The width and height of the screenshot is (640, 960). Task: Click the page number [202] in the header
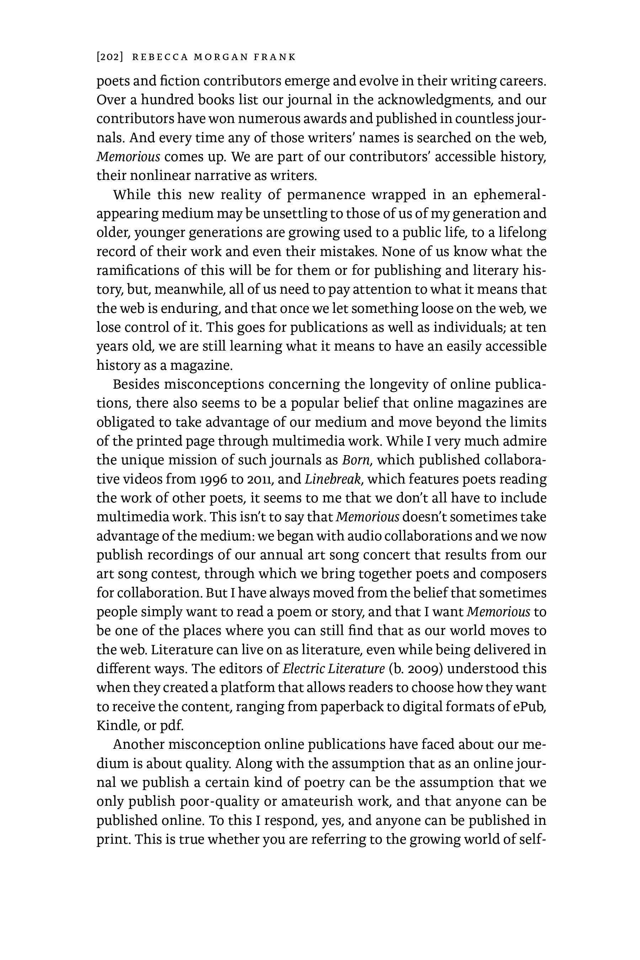(110, 57)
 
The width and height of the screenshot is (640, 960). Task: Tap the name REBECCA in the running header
(160, 57)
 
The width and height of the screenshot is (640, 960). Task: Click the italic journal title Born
(356, 460)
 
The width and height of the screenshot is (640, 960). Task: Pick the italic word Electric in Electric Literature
(301, 668)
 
